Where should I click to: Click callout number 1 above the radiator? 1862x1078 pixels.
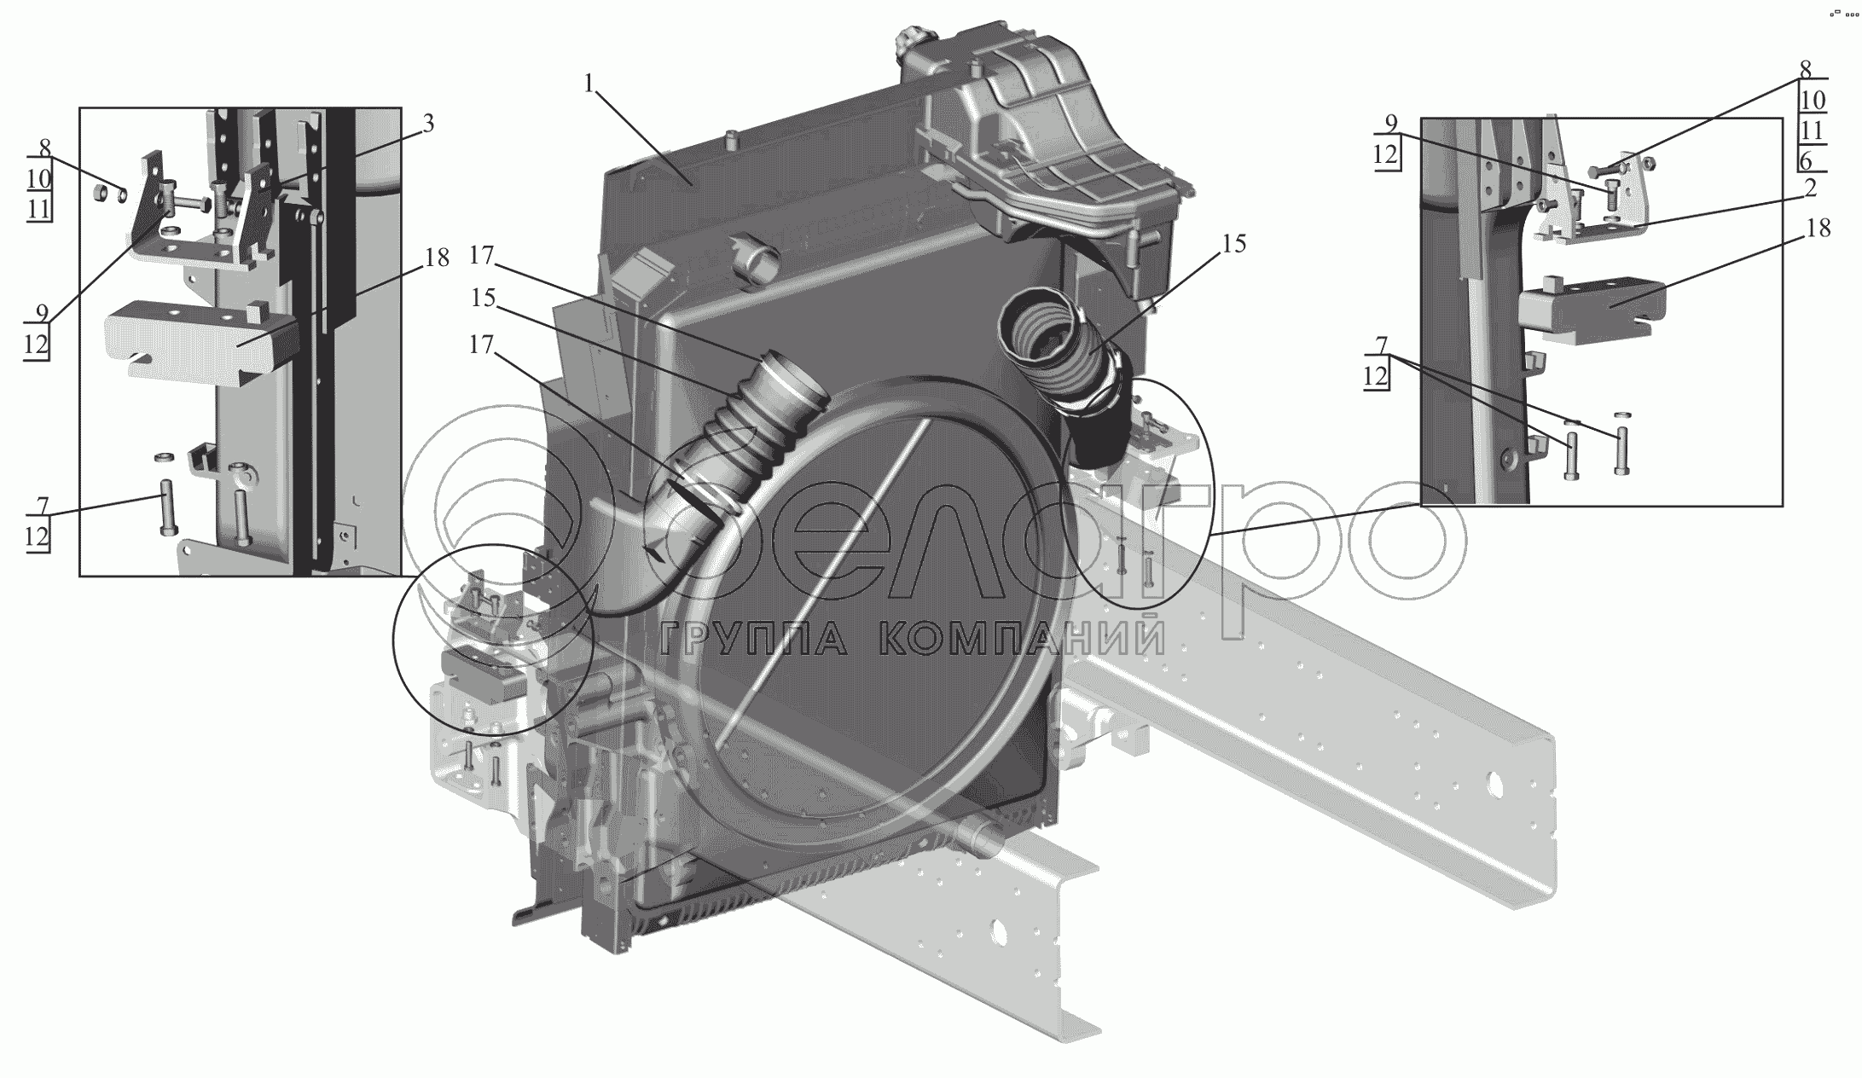[589, 84]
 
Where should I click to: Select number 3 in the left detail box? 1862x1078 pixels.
[427, 125]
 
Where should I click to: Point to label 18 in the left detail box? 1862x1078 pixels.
[436, 258]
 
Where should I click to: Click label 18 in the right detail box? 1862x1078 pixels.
[1818, 229]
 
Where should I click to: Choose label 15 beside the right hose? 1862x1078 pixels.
[1233, 244]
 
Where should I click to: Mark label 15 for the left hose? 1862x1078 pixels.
[484, 298]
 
